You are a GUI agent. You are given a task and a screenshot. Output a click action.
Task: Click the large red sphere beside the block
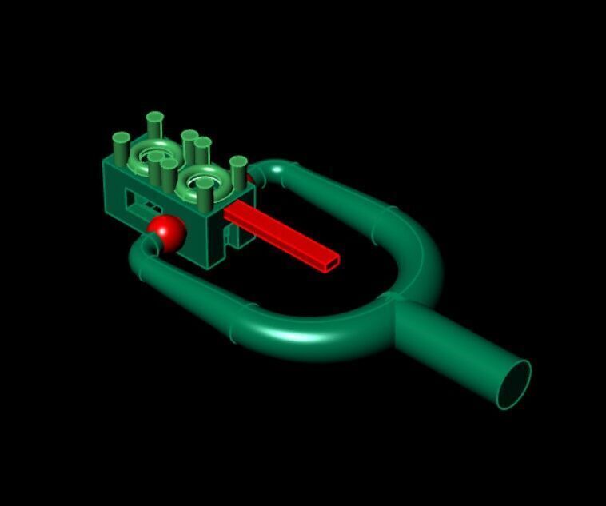pos(166,231)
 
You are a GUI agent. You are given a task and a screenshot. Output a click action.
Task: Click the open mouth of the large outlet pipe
pos(512,384)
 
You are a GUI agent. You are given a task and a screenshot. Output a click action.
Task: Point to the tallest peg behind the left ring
pos(155,125)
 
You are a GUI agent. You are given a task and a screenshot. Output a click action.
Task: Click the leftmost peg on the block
pos(120,145)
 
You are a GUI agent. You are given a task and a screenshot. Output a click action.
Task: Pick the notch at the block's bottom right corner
pos(232,237)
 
